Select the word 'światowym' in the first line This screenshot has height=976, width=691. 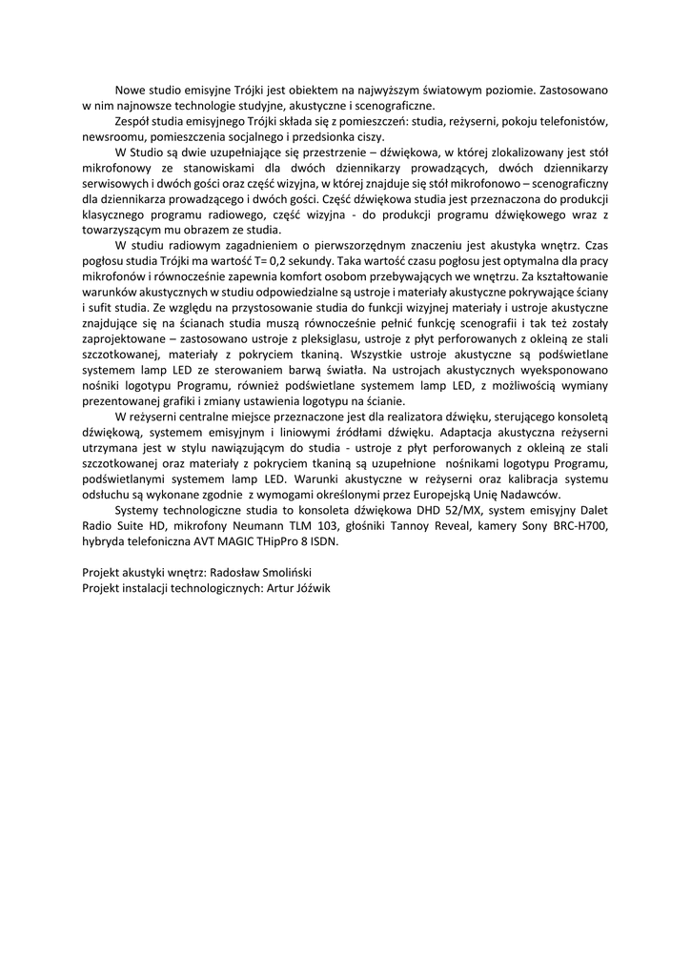432,90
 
